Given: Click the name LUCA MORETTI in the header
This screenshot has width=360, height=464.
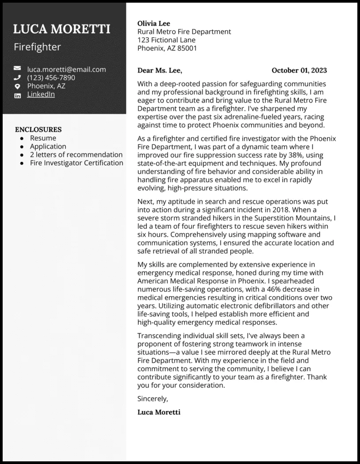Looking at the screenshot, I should (x=62, y=29).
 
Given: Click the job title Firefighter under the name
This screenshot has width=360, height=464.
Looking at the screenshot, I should (x=37, y=47).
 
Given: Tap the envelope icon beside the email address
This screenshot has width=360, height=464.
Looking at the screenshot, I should (x=17, y=69).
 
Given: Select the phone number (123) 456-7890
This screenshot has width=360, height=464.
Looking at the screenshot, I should (x=51, y=78).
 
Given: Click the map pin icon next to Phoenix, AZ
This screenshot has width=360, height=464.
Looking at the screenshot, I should (x=17, y=86).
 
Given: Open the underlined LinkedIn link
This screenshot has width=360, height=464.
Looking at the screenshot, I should (x=41, y=94).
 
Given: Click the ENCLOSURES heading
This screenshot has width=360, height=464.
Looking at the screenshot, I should (x=38, y=129).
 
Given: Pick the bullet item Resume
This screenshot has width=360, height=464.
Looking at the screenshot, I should (x=43, y=138).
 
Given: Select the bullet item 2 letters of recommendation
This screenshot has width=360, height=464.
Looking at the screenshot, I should (x=76, y=155).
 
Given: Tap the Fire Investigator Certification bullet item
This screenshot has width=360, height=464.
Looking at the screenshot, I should (x=76, y=163).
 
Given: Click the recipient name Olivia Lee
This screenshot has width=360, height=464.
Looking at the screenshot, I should (x=153, y=23).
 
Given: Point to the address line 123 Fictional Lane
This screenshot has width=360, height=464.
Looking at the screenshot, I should (x=166, y=40).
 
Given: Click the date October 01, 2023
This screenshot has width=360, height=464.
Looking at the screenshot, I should (x=299, y=70).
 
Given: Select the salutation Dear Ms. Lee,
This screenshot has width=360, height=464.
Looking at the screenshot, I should (x=160, y=70).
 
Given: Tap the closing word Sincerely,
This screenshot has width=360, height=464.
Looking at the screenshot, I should (x=153, y=398).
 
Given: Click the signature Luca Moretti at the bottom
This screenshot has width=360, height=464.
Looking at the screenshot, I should (x=159, y=412).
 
